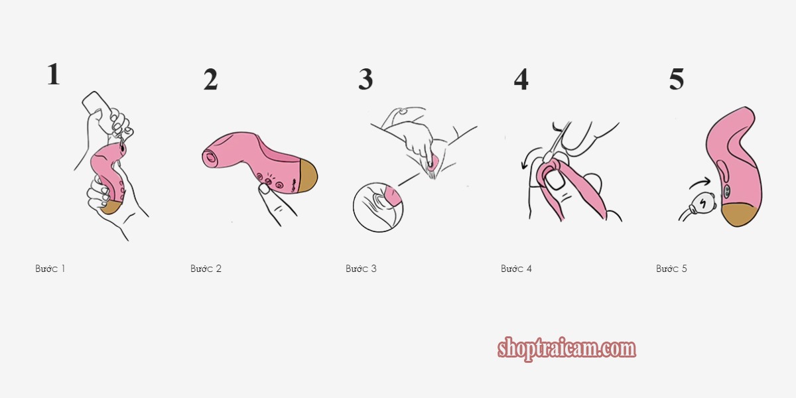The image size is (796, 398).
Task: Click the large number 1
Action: click(x=54, y=74)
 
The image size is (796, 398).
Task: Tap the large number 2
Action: click(x=210, y=79)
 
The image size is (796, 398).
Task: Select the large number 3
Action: click(x=365, y=79)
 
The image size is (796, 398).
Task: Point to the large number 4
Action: click(x=521, y=79)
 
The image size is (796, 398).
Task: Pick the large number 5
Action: click(x=676, y=79)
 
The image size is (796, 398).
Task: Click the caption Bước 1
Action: click(x=50, y=269)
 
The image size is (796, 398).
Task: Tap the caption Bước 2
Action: click(x=206, y=269)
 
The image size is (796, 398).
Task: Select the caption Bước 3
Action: click(x=361, y=269)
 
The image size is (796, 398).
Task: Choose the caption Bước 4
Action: click(x=516, y=269)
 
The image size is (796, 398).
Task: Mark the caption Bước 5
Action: click(x=671, y=269)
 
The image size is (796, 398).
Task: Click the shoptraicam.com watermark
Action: click(x=566, y=349)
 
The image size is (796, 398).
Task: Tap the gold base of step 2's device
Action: click(x=307, y=176)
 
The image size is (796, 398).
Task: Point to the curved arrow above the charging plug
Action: click(x=700, y=183)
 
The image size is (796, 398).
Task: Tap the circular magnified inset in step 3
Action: click(x=378, y=207)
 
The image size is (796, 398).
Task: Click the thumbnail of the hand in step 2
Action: click(x=265, y=188)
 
